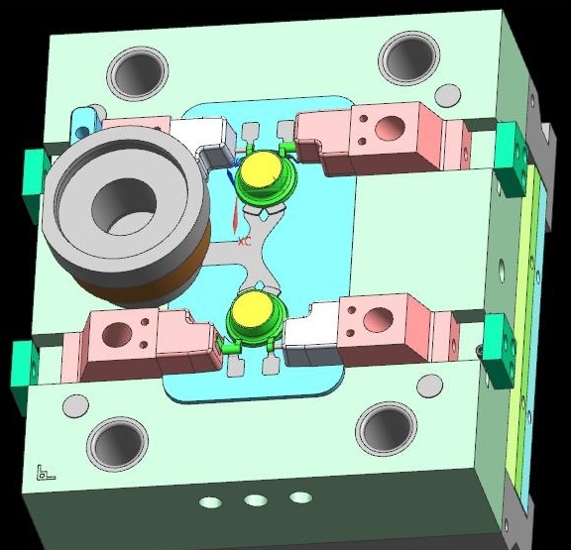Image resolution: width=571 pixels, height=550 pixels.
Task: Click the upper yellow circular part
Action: (x=262, y=170)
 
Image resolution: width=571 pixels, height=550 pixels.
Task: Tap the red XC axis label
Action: (x=244, y=242)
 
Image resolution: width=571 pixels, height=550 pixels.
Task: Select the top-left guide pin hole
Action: (x=139, y=74)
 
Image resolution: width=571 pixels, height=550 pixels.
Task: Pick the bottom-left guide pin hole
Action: (x=117, y=444)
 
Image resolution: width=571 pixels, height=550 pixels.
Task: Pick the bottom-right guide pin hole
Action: (x=387, y=428)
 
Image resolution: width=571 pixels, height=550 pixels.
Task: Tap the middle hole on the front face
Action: (x=256, y=499)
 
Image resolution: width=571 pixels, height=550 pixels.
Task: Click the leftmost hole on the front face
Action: (x=210, y=502)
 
